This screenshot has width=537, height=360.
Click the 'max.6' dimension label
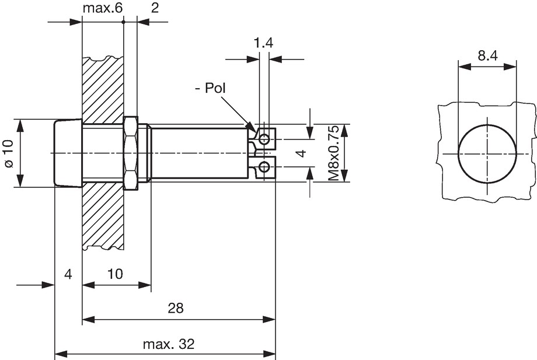[x=102, y=8]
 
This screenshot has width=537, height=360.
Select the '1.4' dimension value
[x=263, y=43]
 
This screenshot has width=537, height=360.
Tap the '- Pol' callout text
[x=210, y=88]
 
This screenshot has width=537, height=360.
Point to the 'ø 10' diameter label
[x=9, y=153]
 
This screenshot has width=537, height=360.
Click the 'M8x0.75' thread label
[x=333, y=153]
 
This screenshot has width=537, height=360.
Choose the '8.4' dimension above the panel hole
[x=488, y=55]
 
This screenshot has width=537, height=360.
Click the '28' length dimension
[x=176, y=308]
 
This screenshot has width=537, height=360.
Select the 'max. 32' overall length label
[x=169, y=344]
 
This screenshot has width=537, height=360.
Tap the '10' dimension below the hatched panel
[x=115, y=274]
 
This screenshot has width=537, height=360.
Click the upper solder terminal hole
[x=264, y=139]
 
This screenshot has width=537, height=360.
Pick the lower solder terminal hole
[x=264, y=167]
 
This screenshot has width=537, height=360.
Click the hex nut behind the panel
[x=131, y=153]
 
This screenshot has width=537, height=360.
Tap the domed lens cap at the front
[x=68, y=153]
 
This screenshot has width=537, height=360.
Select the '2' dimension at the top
[x=155, y=8]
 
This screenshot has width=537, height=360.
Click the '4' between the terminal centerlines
[x=301, y=153]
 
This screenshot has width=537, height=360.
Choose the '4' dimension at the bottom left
[x=68, y=274]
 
